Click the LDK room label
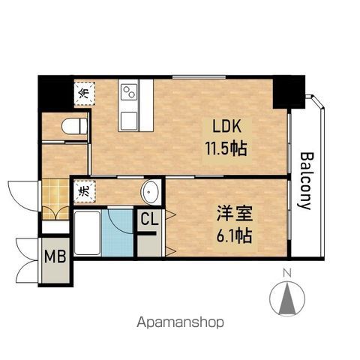227,127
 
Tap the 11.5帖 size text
226,148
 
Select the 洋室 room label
235,214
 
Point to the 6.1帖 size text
234,235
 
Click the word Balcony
305,181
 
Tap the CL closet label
149,220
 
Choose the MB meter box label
55,256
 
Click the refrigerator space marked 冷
85,94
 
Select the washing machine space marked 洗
85,191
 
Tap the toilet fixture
74,126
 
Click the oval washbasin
150,193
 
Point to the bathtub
87,233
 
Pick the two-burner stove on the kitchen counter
129,92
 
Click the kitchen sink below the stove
129,121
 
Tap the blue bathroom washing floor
118,233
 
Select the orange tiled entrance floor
55,199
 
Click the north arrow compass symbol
287,298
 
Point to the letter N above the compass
287,273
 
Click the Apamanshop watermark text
180,322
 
